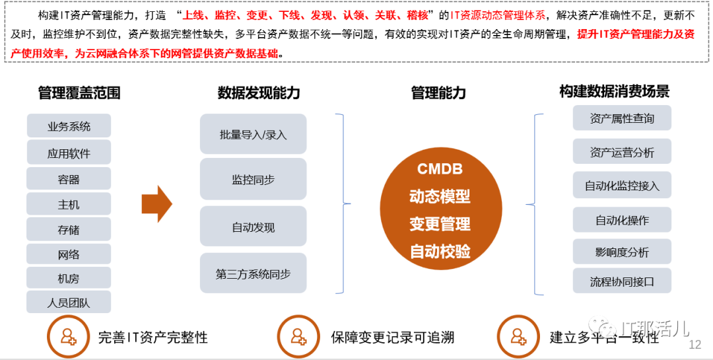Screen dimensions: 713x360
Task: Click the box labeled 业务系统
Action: click(x=69, y=126)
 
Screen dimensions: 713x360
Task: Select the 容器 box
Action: click(x=69, y=179)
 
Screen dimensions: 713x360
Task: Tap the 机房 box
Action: click(x=69, y=278)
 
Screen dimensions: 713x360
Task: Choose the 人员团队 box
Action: click(x=69, y=303)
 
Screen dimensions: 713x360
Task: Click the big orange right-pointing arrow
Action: click(x=157, y=204)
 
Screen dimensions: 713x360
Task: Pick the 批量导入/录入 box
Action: click(x=253, y=135)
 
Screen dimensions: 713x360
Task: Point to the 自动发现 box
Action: click(x=253, y=227)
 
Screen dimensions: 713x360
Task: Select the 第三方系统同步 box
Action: click(x=253, y=273)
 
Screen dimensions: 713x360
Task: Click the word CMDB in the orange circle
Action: click(x=440, y=168)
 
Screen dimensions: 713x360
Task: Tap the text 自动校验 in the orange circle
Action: click(x=440, y=251)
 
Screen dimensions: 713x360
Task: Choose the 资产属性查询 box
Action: click(x=622, y=118)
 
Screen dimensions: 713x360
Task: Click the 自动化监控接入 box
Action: click(x=622, y=186)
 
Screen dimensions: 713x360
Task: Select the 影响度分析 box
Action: click(x=622, y=252)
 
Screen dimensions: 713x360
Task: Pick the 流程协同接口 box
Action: click(x=622, y=281)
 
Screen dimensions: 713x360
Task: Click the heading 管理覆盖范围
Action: click(x=79, y=93)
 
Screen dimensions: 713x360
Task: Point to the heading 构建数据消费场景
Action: click(x=614, y=92)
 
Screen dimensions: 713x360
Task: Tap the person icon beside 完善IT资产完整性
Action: click(x=68, y=337)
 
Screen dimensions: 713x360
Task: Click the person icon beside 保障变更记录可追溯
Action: click(x=298, y=337)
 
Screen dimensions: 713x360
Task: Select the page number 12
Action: click(x=695, y=345)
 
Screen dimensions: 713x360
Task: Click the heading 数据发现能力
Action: click(x=259, y=93)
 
